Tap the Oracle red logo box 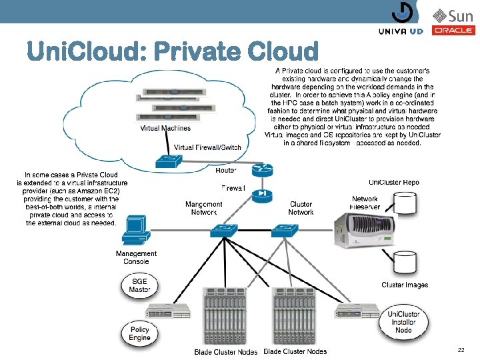pos(453,30)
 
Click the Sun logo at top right pos(453,15)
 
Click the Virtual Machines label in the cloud pos(165,129)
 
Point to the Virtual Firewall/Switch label pos(207,147)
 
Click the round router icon pos(263,170)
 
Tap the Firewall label pos(233,189)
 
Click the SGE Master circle pos(139,286)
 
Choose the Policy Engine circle pos(139,333)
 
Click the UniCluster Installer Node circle pos(403,322)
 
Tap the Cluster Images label pos(405,285)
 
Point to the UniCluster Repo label pos(394,182)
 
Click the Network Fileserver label pos(365,203)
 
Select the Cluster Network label pos(301,208)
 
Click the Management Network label pos(203,208)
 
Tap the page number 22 pos(461,349)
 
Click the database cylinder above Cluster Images pos(405,262)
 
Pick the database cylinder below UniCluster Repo pos(405,202)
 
